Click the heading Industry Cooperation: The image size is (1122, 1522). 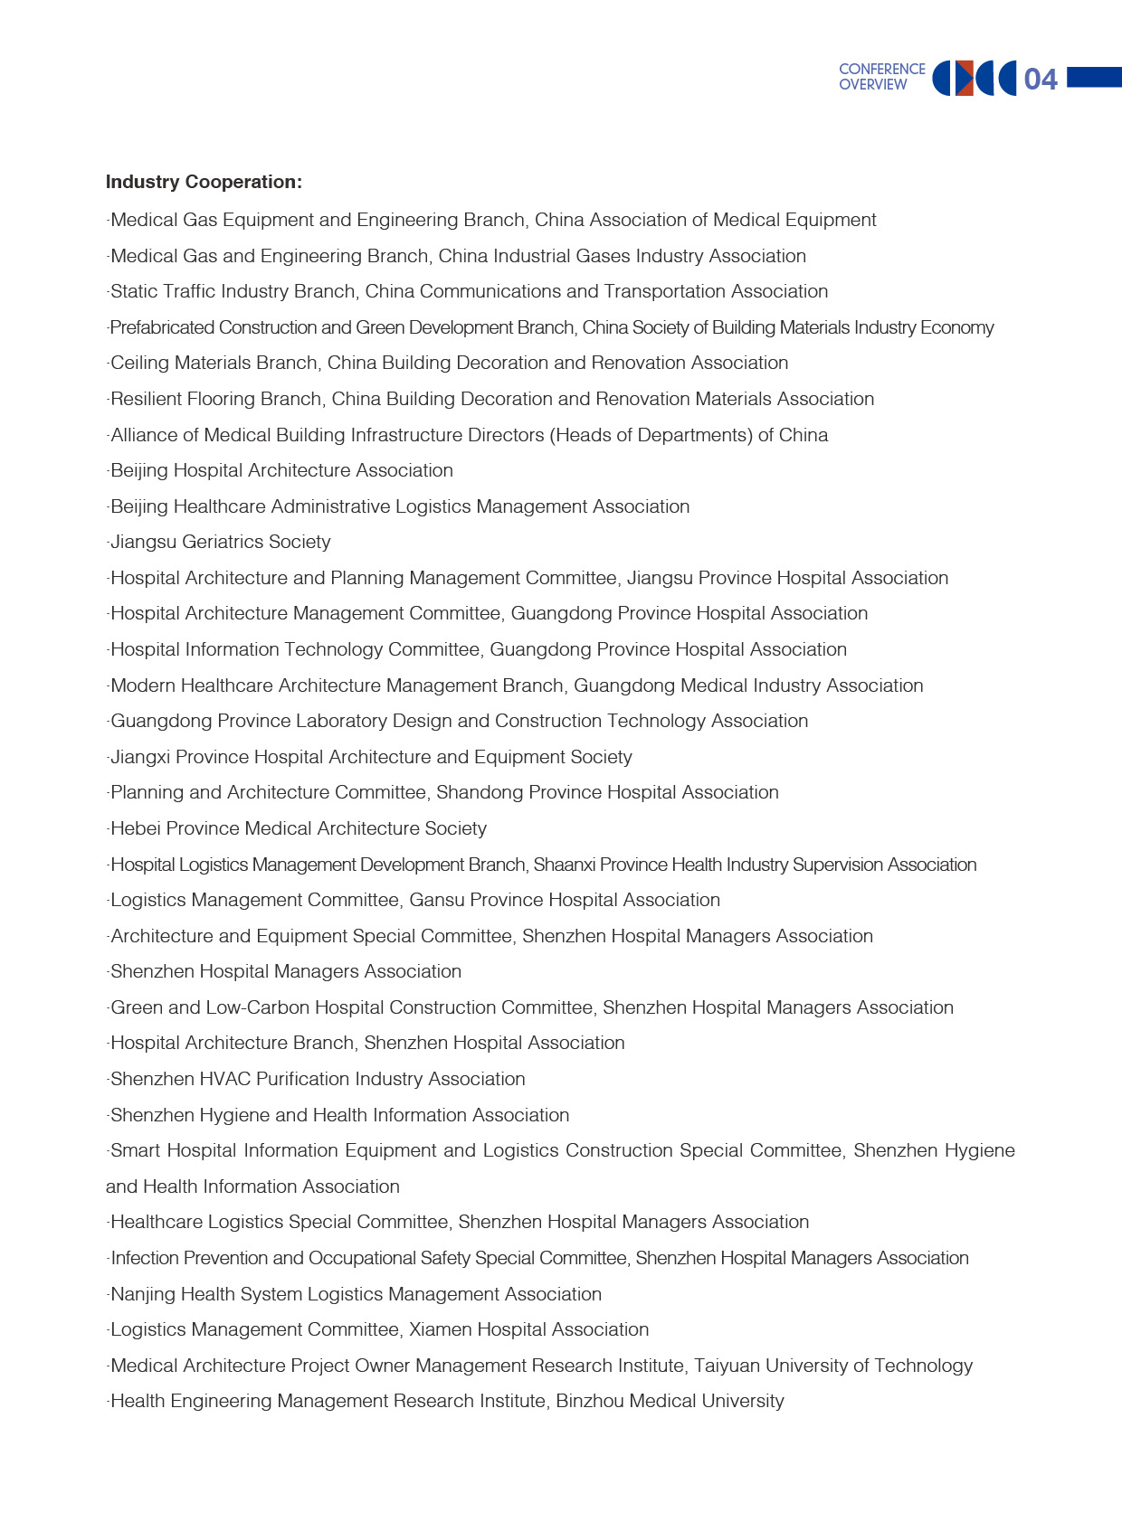(x=204, y=182)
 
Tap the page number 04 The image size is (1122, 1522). (x=1040, y=80)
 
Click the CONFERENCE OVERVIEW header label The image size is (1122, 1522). (x=881, y=77)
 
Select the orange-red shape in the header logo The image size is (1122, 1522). (x=965, y=79)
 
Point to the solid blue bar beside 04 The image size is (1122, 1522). (x=1094, y=78)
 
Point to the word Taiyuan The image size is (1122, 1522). (x=727, y=1366)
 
